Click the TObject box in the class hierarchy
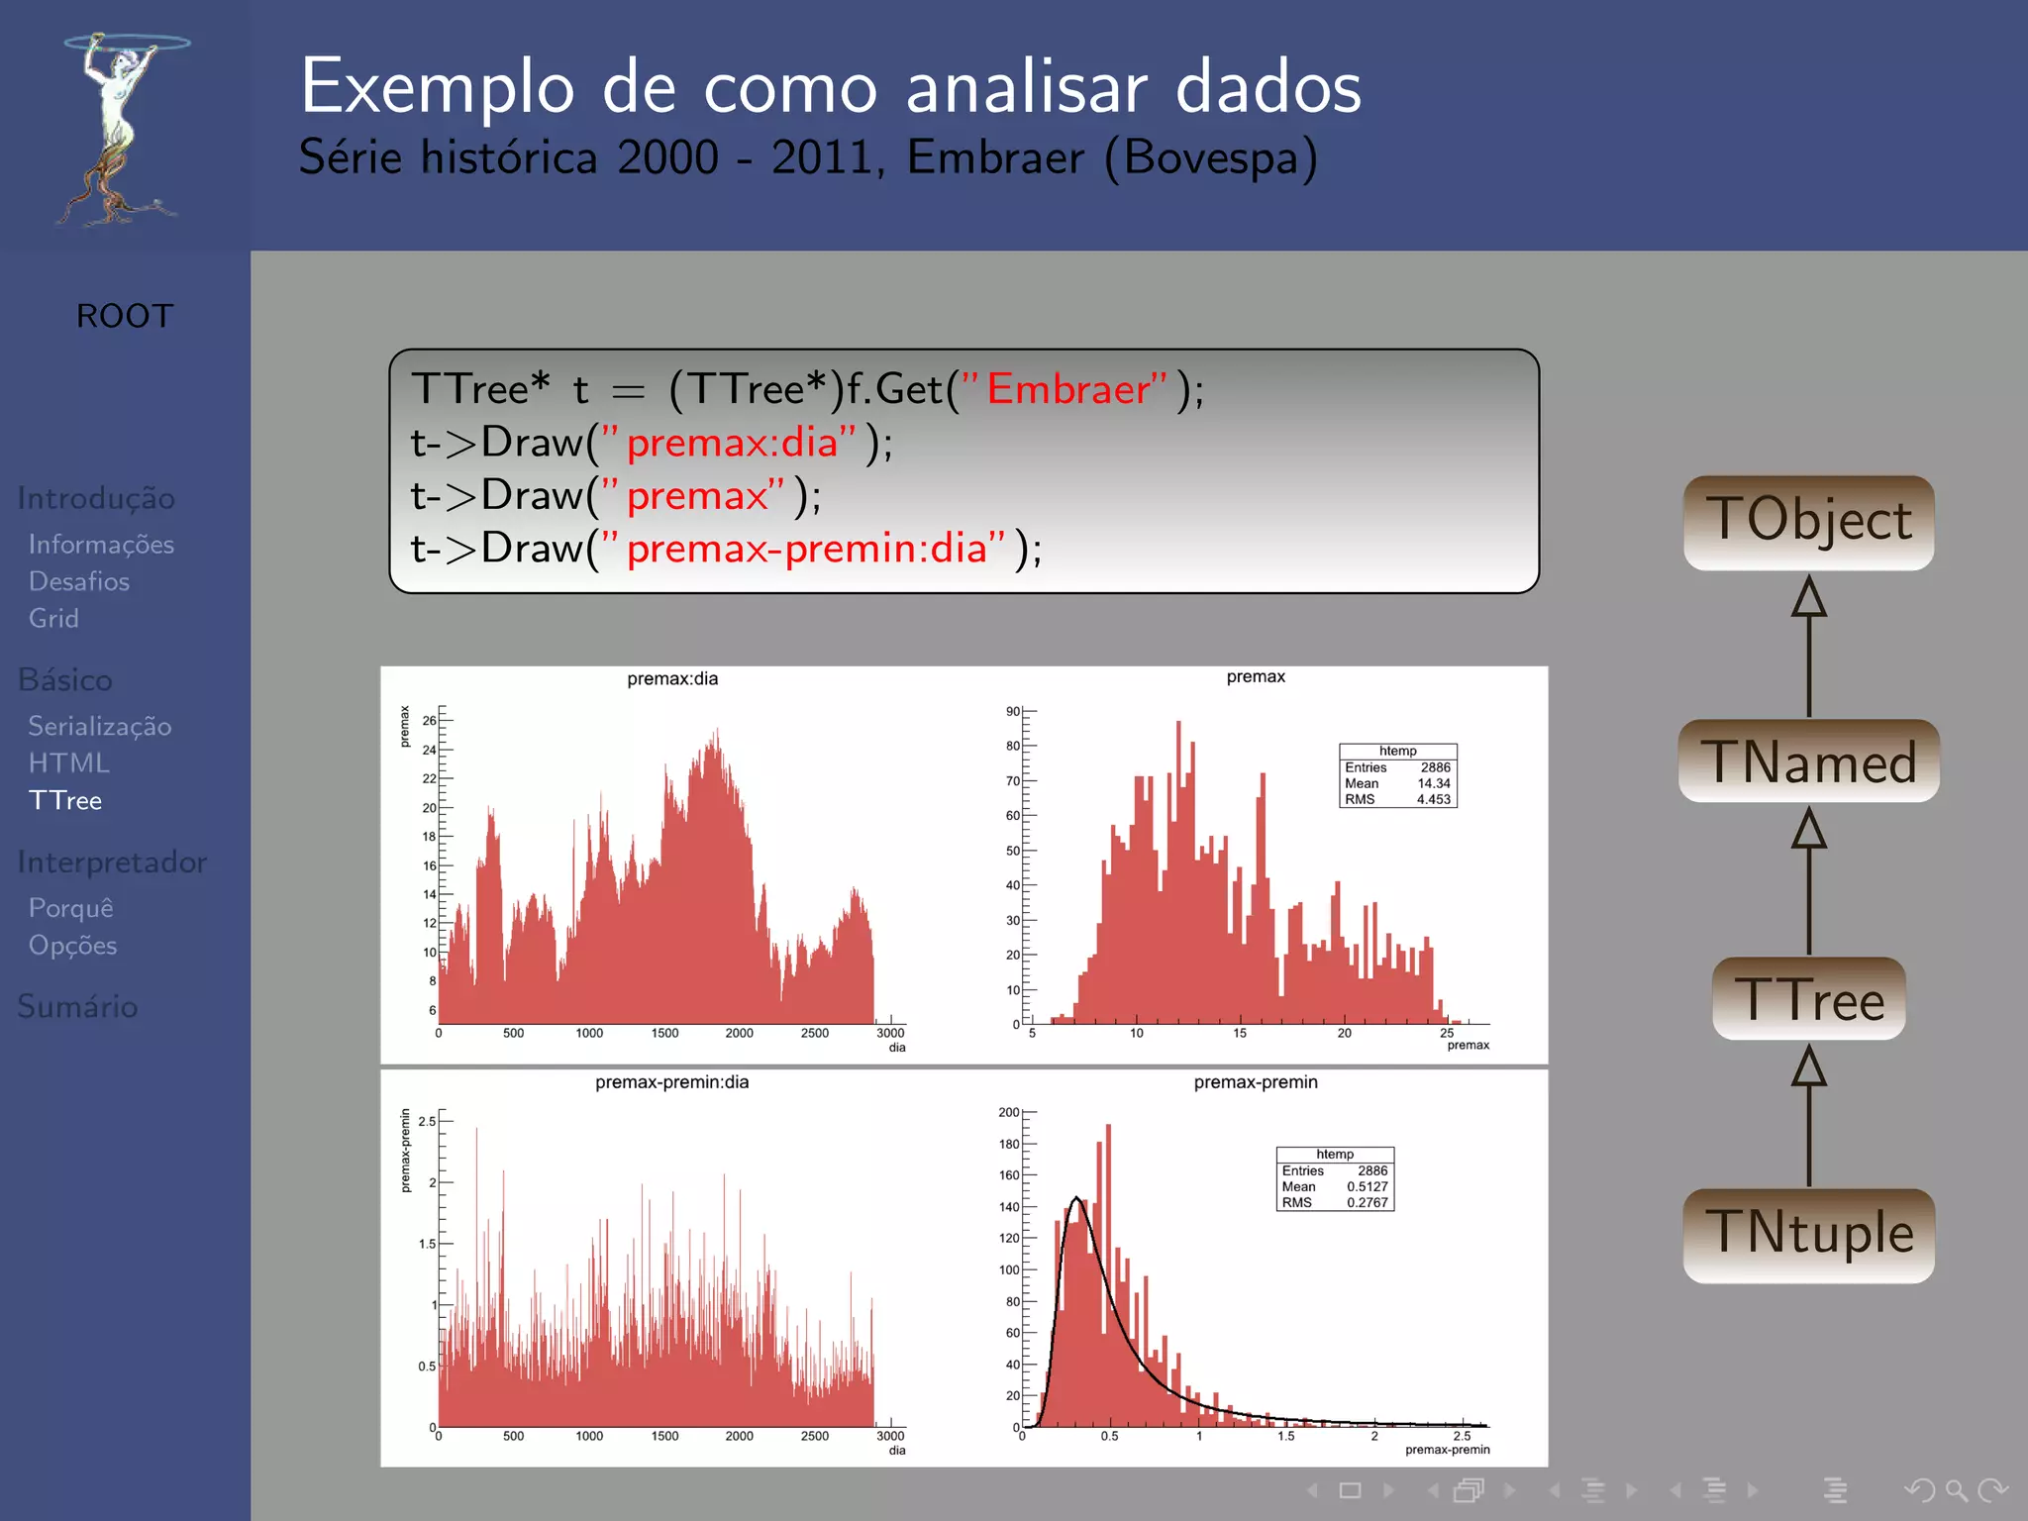(x=1808, y=522)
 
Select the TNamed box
(x=1808, y=760)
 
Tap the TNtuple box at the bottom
(x=1808, y=1234)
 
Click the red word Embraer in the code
(x=1068, y=388)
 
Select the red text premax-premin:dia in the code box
(x=807, y=548)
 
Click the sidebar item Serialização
(x=100, y=726)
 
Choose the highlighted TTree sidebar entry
(x=65, y=800)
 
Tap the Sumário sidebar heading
(x=77, y=1006)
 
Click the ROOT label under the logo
(x=125, y=316)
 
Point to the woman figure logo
(x=119, y=129)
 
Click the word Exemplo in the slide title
(x=437, y=87)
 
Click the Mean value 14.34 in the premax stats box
(x=1433, y=783)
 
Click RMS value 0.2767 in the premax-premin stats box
(x=1367, y=1202)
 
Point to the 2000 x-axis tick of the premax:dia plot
(x=739, y=1033)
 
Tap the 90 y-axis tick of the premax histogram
(x=1012, y=711)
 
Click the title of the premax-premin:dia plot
(x=671, y=1082)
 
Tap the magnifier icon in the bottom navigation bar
(x=1956, y=1489)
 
